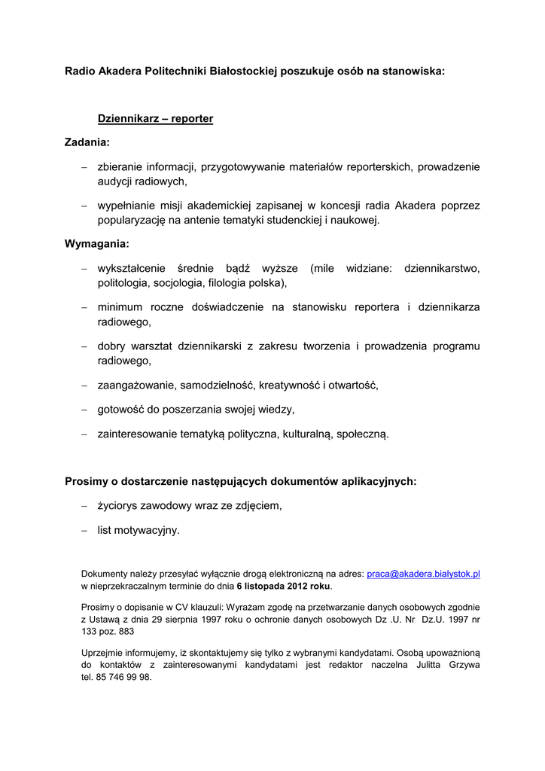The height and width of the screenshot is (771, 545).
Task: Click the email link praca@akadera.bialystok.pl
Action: [423, 574]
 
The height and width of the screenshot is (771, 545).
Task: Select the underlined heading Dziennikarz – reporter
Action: [155, 119]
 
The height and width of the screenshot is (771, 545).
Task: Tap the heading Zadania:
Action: [87, 142]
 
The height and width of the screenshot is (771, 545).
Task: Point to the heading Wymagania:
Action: [97, 244]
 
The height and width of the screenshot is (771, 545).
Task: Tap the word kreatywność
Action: [290, 385]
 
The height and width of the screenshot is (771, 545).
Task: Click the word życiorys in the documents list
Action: [119, 506]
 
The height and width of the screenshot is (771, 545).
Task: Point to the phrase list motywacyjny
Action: [139, 530]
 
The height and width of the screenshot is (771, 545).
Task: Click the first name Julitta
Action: [423, 665]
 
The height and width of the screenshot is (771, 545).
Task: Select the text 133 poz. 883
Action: [108, 632]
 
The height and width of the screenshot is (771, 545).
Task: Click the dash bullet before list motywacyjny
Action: [85, 530]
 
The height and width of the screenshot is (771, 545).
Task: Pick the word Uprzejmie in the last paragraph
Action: [103, 653]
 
